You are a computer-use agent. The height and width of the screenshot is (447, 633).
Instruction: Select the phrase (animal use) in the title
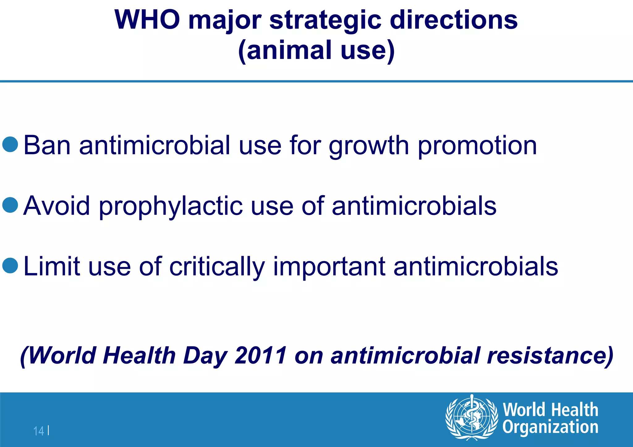coord(316,50)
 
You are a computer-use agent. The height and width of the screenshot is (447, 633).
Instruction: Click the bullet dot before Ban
coord(10,144)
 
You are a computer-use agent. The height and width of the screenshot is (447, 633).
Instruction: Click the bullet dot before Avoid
coord(10,205)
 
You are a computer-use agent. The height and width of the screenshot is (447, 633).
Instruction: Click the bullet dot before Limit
coord(10,265)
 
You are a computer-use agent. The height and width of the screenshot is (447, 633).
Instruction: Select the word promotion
coord(477,146)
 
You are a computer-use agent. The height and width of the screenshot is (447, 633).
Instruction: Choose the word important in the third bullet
coord(329,267)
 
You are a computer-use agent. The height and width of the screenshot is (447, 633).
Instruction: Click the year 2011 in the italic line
coord(261,355)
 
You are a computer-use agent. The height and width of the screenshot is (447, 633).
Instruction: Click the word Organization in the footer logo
coord(550,427)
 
